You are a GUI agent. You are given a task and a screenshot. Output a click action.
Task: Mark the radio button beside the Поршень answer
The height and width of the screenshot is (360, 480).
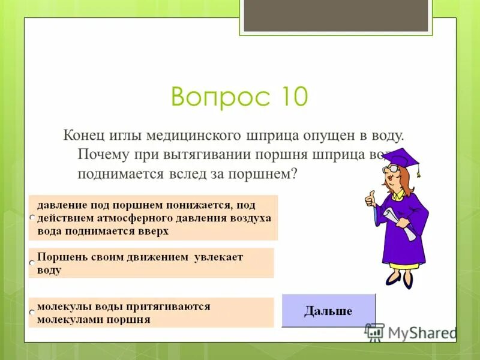(32, 263)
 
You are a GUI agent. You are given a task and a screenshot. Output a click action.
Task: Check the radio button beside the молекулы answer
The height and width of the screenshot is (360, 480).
(32, 313)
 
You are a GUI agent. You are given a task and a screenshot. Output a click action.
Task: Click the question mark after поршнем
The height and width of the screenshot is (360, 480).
(294, 173)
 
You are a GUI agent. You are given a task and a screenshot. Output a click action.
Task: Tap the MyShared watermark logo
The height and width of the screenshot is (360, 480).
(412, 332)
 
